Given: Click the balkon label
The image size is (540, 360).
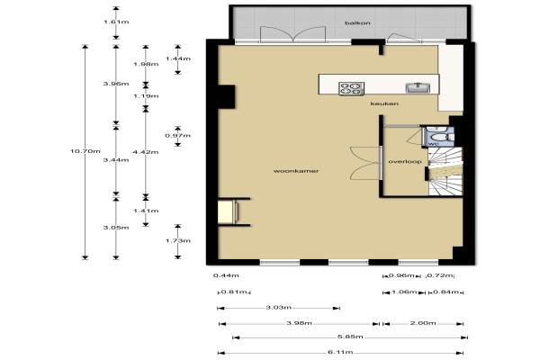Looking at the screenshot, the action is click(358, 23).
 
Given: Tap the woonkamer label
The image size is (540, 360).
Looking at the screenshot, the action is click(296, 171).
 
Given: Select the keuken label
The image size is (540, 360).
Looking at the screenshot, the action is click(384, 103).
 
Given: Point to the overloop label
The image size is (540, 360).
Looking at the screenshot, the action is click(405, 162).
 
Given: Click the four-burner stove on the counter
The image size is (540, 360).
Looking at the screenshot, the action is click(351, 88).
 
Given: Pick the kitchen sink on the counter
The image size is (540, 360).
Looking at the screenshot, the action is click(418, 88).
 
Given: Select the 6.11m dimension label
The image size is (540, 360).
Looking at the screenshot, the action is click(340, 352).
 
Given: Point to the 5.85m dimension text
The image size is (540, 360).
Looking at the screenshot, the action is click(350, 337).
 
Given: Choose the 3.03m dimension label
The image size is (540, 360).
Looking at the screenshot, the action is click(279, 307).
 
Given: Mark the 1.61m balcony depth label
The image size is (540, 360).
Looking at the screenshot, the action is click(116, 22).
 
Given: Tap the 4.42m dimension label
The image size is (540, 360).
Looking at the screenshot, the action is click(146, 152).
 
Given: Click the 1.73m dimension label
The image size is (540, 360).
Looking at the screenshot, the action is click(178, 241).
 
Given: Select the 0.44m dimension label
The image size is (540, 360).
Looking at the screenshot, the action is click(226, 275).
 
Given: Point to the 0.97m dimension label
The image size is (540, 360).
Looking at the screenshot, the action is click(177, 136).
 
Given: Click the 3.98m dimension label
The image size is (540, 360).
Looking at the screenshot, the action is click(300, 323).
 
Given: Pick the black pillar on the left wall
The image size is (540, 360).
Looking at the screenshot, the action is click(226, 97).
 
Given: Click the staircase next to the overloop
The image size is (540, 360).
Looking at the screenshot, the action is click(445, 172).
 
